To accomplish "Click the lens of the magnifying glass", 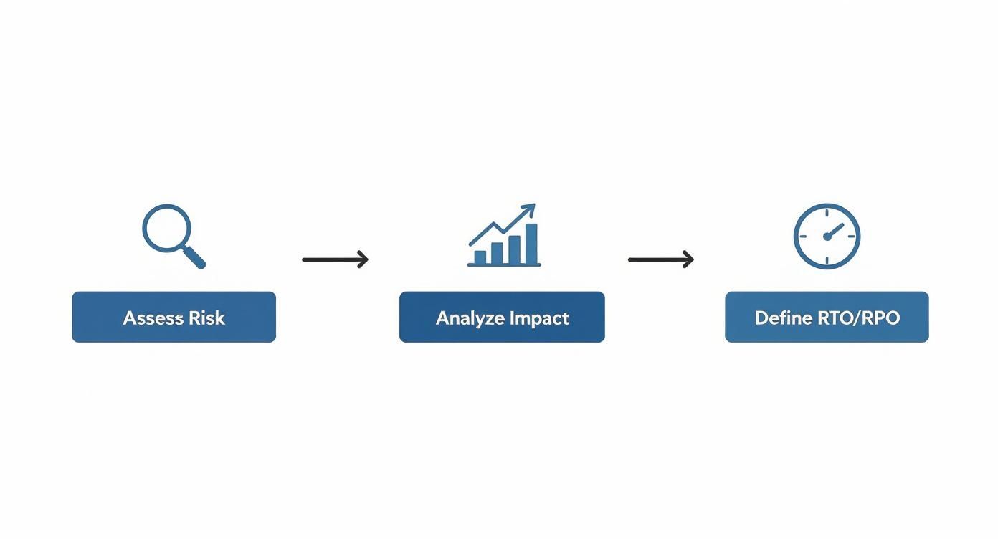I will [167, 228].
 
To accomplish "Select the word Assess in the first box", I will [152, 318].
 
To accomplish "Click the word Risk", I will [206, 318].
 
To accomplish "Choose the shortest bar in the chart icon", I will [480, 257].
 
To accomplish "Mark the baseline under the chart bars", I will [503, 265].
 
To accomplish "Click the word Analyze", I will [470, 318].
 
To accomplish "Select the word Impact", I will [539, 318].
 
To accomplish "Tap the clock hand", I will [835, 230].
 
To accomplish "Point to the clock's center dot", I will [827, 237].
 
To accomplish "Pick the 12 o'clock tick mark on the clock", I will [827, 213].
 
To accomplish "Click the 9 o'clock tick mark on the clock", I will [803, 237].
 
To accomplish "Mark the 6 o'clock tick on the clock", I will [827, 260].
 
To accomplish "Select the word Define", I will [784, 318].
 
